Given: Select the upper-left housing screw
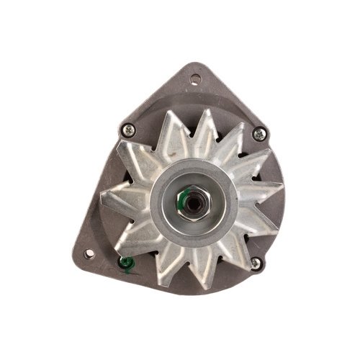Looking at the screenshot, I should (x=129, y=130).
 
